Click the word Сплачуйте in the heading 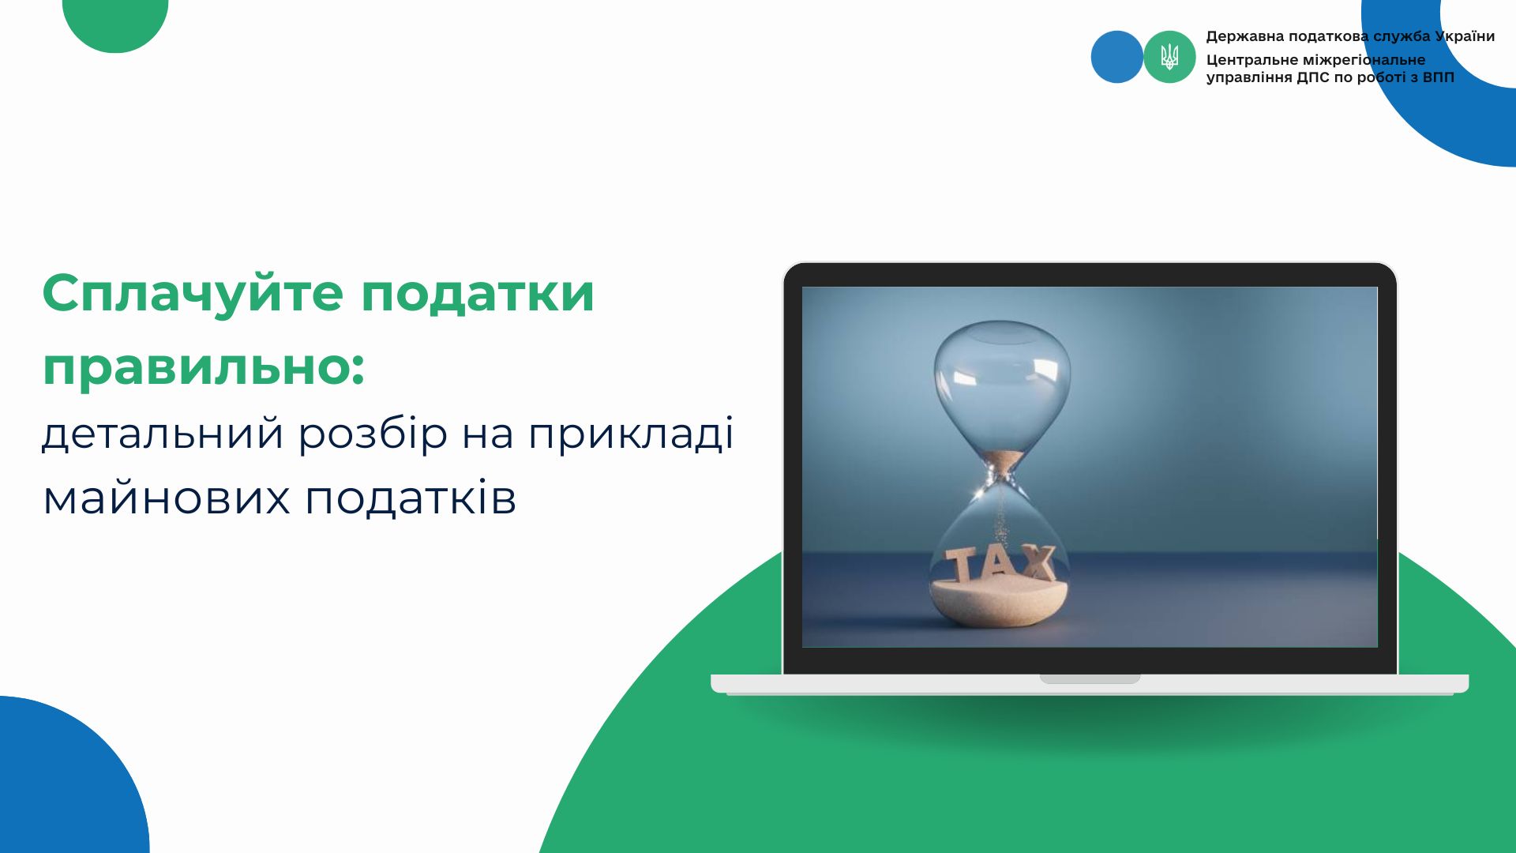click(x=193, y=294)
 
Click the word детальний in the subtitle click(x=163, y=434)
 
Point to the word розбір click(x=373, y=433)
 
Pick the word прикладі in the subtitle click(x=631, y=433)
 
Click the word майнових click(x=167, y=498)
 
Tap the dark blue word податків click(x=411, y=498)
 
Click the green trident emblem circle click(x=1169, y=57)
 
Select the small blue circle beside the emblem click(x=1116, y=57)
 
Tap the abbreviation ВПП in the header click(x=1438, y=77)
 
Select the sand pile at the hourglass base click(x=1000, y=600)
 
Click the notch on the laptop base click(x=1090, y=678)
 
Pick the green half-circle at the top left click(x=115, y=24)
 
